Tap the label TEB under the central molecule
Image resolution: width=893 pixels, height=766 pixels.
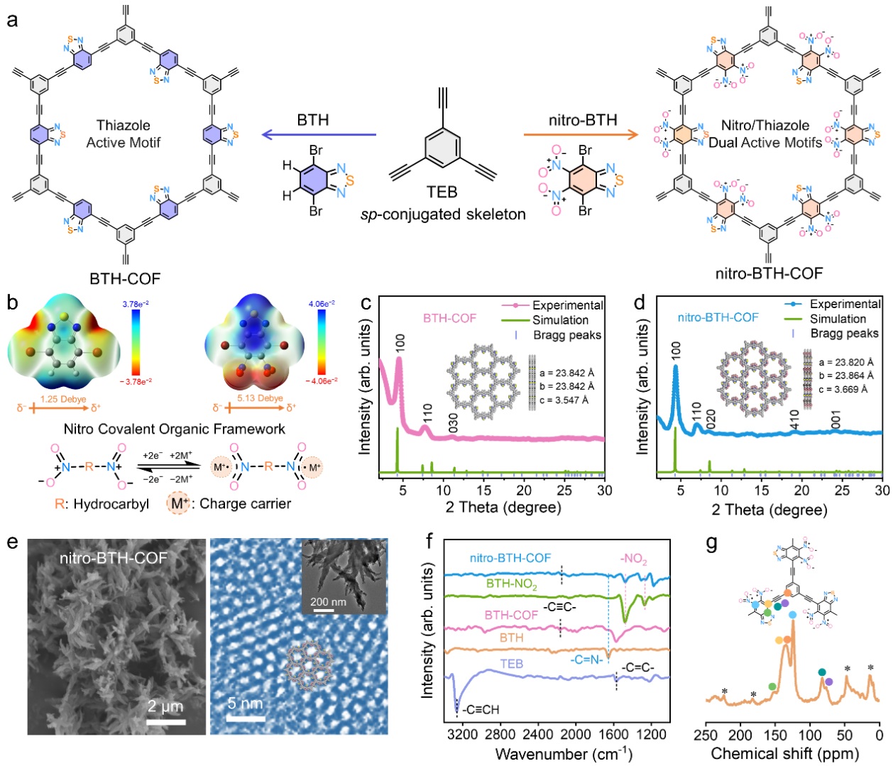point(442,192)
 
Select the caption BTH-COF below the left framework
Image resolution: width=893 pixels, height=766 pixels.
point(125,278)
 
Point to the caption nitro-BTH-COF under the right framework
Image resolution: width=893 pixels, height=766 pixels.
point(769,273)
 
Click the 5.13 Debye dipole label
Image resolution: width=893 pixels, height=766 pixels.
point(261,398)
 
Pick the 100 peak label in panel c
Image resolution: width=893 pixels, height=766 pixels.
point(400,341)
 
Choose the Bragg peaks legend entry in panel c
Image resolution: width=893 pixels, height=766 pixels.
point(566,335)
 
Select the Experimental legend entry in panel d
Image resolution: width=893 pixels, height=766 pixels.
point(845,304)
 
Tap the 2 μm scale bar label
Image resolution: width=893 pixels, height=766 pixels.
point(165,706)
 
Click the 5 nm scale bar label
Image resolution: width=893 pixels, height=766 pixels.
point(245,704)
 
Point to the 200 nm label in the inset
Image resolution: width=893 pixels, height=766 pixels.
point(328,602)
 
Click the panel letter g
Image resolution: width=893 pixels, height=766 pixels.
point(711,543)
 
